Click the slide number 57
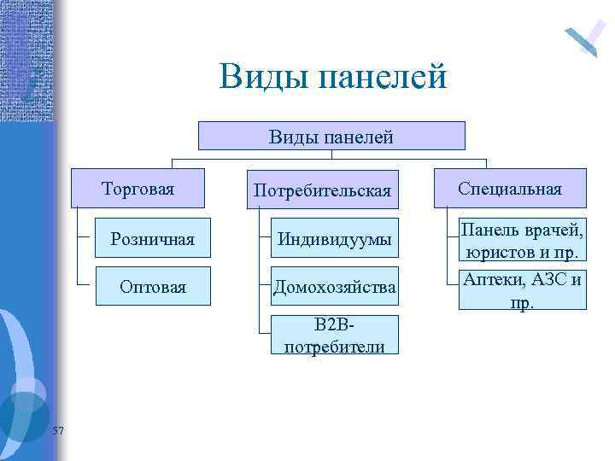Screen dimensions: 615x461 click(57, 430)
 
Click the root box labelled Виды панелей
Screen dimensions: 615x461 click(331, 136)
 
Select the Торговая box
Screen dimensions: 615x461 click(138, 189)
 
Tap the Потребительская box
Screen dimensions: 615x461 click(322, 190)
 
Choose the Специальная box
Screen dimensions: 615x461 click(510, 189)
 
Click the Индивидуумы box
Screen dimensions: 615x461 click(334, 241)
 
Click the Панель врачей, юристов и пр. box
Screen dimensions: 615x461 click(522, 240)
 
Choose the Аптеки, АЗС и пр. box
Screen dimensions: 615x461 click(522, 290)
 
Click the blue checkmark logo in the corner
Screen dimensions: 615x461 click(585, 36)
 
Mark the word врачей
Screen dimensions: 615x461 click(556, 229)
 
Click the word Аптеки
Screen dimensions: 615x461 click(493, 280)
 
